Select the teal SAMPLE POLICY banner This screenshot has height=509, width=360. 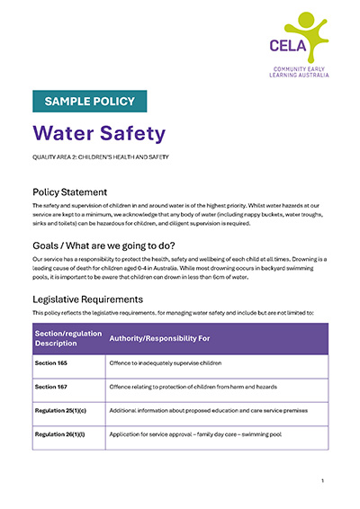tap(89, 101)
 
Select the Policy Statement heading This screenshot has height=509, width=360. tap(70, 192)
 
